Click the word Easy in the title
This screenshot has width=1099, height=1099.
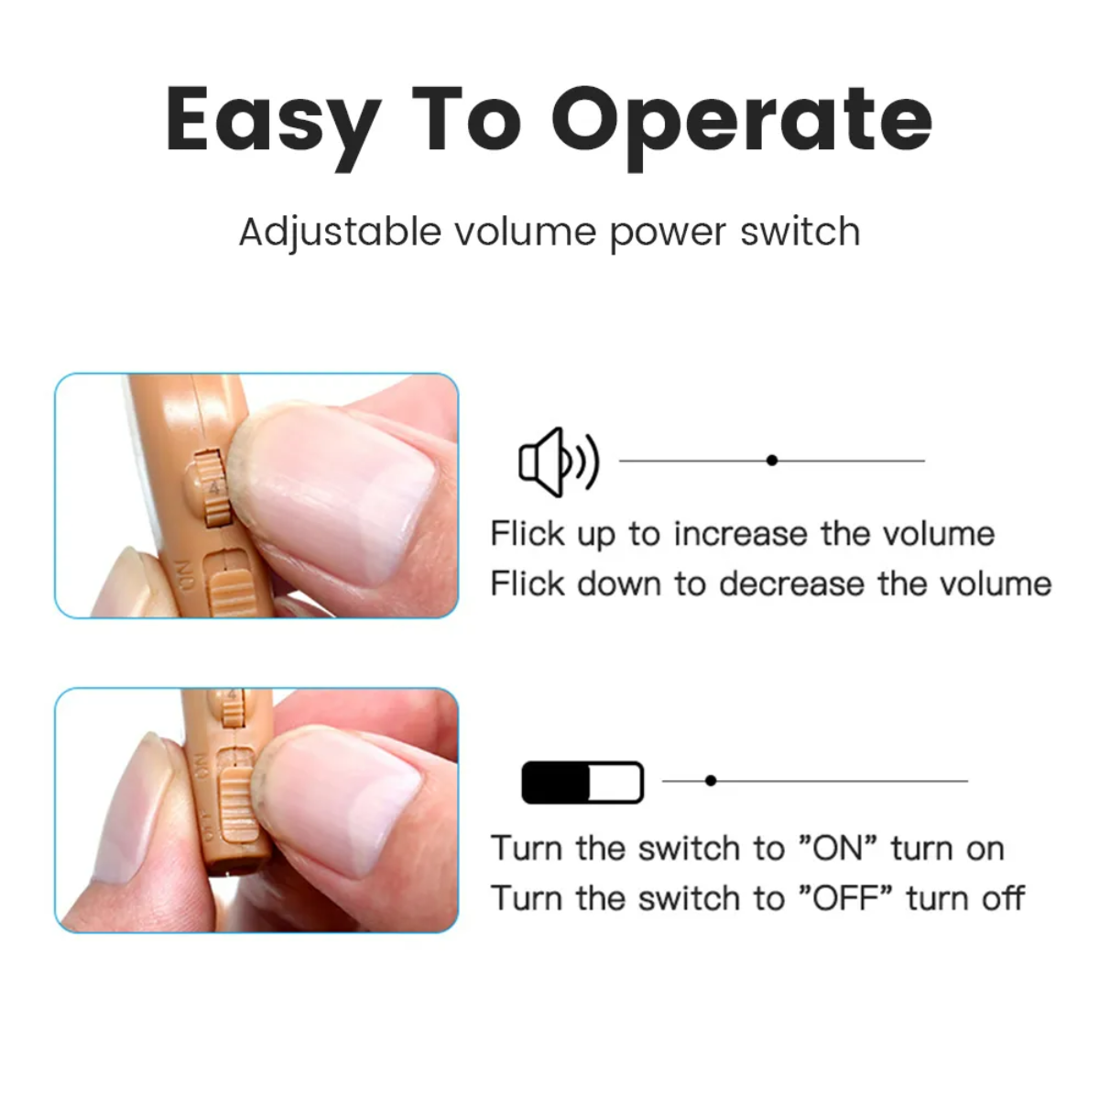[272, 120]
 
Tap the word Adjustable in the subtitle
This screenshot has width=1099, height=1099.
[340, 232]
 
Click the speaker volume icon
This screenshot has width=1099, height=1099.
[558, 462]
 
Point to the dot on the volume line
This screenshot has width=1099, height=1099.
[772, 461]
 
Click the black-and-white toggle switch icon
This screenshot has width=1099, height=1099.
[582, 783]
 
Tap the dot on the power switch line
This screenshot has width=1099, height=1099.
[711, 781]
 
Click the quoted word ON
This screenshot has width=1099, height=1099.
[839, 848]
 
